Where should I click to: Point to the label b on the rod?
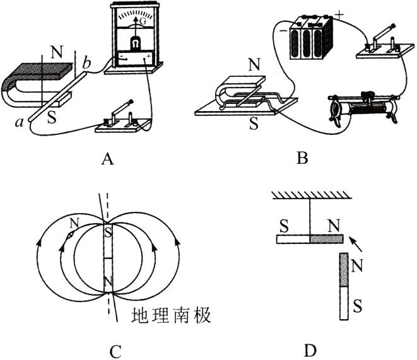click(x=88, y=63)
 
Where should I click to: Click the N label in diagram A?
click(x=57, y=53)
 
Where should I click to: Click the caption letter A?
click(x=107, y=160)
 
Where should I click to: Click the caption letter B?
click(x=302, y=160)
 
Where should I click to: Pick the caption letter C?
click(x=105, y=350)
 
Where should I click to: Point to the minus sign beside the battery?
click(x=283, y=29)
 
